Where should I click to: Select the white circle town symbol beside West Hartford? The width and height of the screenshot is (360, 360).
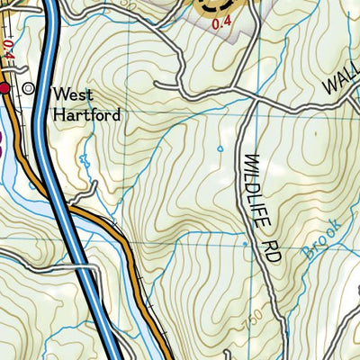(29, 88)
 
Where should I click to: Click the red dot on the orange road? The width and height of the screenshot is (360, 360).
(4, 88)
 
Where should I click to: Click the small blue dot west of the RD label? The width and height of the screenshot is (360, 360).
(245, 243)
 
